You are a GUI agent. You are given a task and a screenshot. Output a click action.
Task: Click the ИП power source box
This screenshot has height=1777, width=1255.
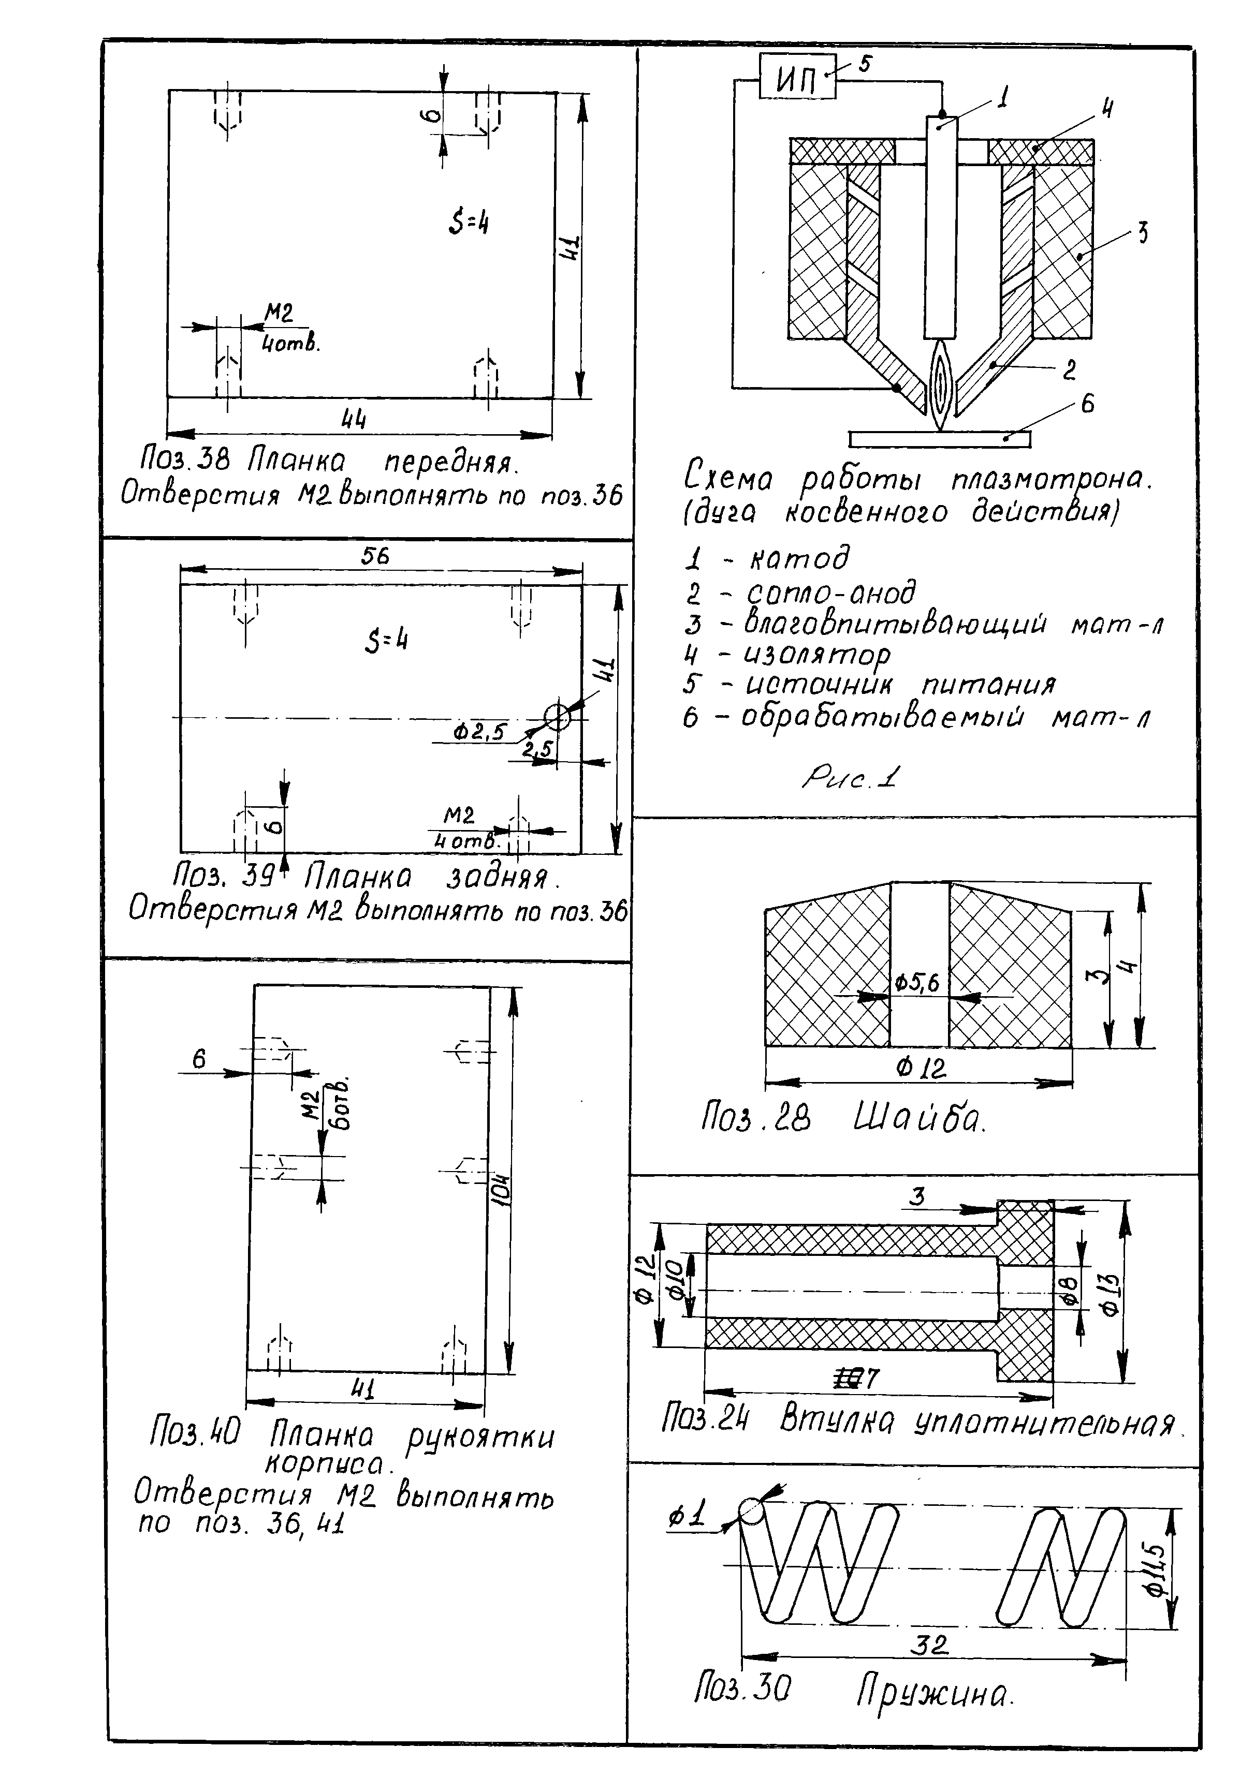[797, 76]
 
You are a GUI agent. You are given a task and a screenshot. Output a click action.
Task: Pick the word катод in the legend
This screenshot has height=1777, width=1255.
[800, 557]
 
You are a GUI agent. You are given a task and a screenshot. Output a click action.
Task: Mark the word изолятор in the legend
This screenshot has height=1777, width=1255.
[817, 656]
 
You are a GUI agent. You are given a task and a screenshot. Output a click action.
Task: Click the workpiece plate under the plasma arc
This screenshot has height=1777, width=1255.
[940, 439]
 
